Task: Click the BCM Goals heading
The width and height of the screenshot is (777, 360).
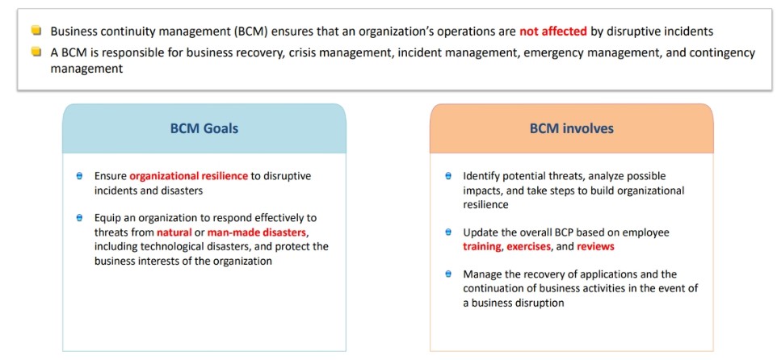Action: tap(204, 129)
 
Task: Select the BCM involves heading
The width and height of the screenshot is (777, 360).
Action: tap(571, 129)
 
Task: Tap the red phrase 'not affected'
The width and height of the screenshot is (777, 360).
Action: tap(553, 31)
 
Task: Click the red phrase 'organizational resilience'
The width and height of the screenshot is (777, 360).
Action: tap(188, 176)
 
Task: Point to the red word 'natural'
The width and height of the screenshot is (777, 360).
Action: tap(174, 232)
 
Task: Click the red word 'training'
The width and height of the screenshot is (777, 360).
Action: tap(481, 247)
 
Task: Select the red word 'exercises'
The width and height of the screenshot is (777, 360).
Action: tap(529, 247)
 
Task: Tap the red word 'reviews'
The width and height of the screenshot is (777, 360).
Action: tap(595, 247)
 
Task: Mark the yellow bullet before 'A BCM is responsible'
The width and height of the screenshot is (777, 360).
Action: tap(36, 52)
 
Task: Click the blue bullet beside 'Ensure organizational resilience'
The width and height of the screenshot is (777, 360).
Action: tap(79, 176)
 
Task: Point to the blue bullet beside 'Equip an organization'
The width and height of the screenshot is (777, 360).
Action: tap(79, 218)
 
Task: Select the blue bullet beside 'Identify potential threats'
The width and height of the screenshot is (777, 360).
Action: tap(448, 176)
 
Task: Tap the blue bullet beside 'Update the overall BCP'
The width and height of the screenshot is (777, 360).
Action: tap(448, 232)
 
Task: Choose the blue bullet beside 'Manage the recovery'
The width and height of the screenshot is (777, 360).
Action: tap(448, 274)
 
